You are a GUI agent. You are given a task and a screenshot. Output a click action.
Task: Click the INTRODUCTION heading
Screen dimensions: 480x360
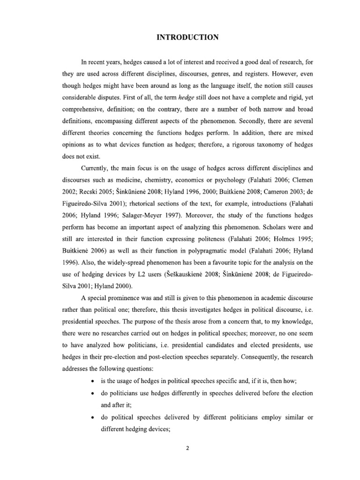coord(187,38)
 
